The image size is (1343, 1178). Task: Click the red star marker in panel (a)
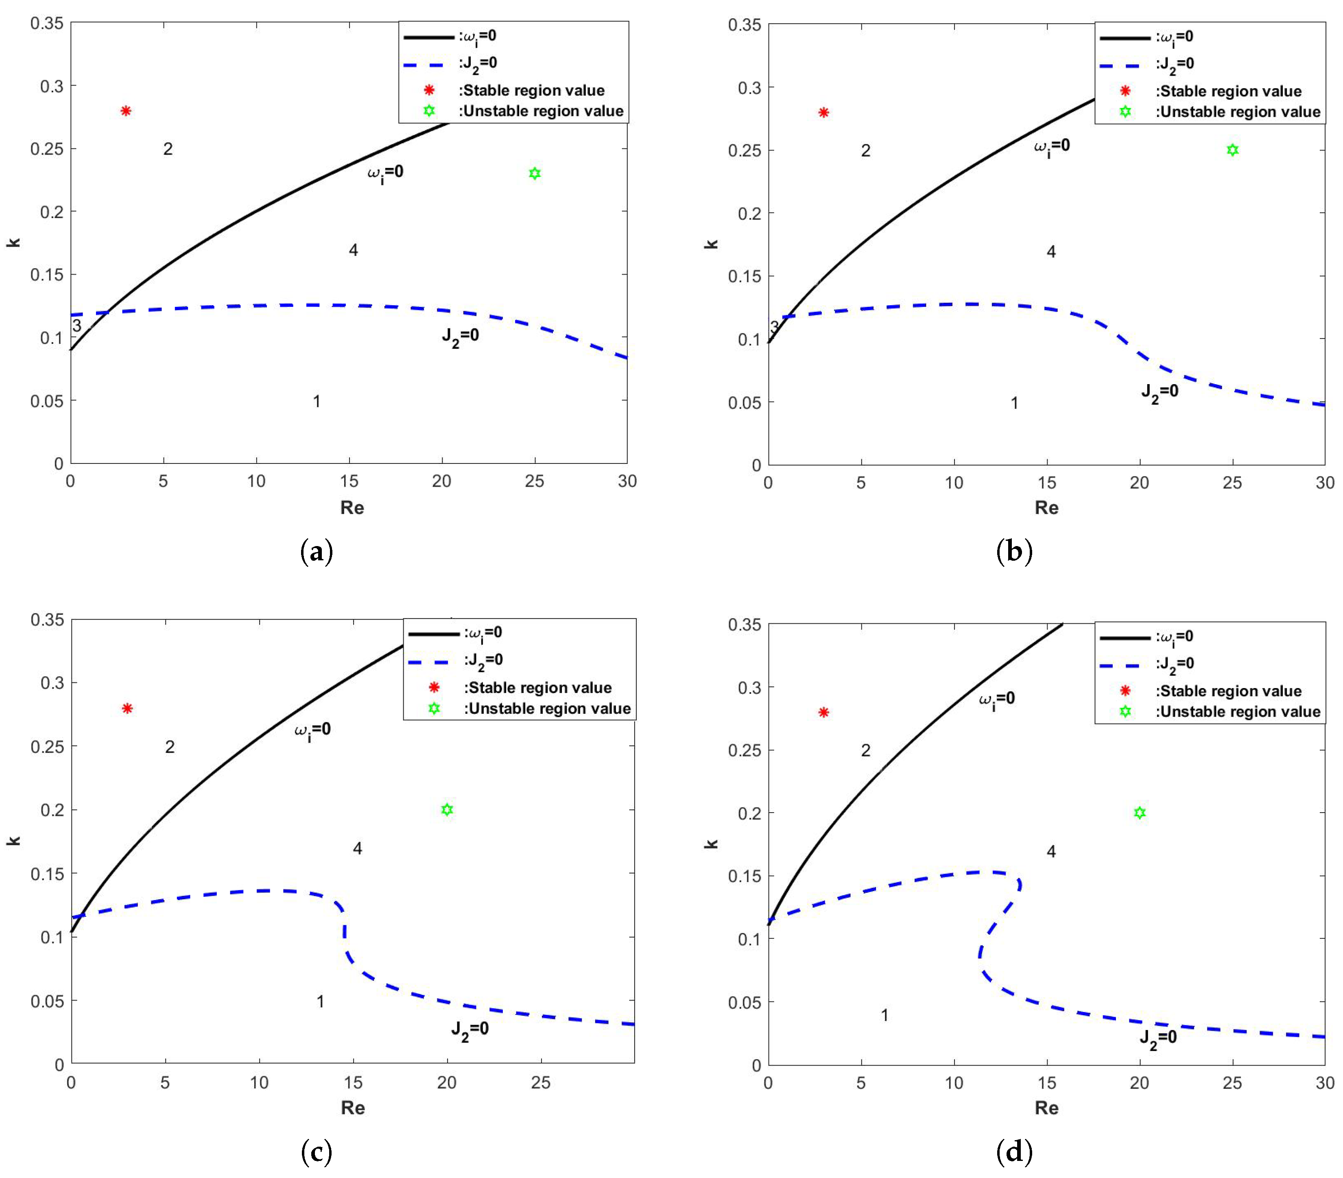click(x=126, y=111)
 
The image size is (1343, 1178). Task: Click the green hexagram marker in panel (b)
click(x=1233, y=151)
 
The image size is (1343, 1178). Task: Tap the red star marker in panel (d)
click(x=824, y=712)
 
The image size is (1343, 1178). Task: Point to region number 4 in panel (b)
click(x=1051, y=251)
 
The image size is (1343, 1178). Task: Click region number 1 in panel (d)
click(x=884, y=1015)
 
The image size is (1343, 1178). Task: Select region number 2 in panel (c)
click(x=170, y=747)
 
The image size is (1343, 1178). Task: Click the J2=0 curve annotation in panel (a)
click(x=460, y=337)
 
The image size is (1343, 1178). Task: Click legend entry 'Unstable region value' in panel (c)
click(x=547, y=708)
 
